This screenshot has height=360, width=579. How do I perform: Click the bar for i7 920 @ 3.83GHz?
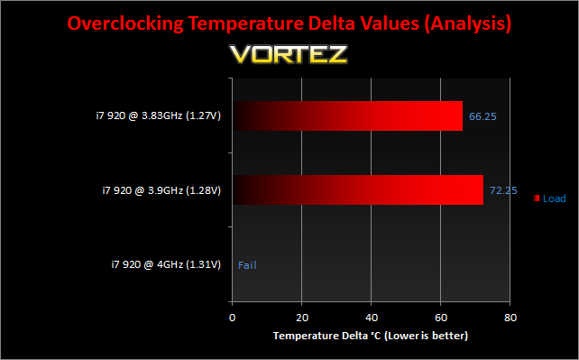pyautogui.click(x=347, y=115)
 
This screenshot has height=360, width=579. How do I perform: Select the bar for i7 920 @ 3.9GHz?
pyautogui.click(x=358, y=189)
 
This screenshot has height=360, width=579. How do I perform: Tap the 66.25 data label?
pyautogui.click(x=482, y=116)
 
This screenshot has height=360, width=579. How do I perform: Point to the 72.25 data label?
pyautogui.click(x=503, y=190)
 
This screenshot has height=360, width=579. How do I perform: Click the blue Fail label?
pyautogui.click(x=247, y=265)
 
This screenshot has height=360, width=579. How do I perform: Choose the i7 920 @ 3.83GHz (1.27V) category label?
pyautogui.click(x=159, y=115)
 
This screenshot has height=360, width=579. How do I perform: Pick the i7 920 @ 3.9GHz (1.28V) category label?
pyautogui.click(x=161, y=190)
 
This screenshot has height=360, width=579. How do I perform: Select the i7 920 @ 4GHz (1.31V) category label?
pyautogui.click(x=166, y=264)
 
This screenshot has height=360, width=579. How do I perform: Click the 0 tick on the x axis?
pyautogui.click(x=233, y=318)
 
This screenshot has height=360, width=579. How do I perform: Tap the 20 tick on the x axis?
pyautogui.click(x=302, y=318)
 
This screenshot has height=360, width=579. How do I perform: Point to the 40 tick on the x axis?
pyautogui.click(x=372, y=318)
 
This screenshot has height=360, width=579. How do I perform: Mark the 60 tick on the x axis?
pyautogui.click(x=441, y=318)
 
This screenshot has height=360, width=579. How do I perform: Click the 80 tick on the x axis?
pyautogui.click(x=510, y=318)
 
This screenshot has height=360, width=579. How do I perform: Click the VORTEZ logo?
pyautogui.click(x=289, y=54)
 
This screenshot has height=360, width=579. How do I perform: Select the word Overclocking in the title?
pyautogui.click(x=125, y=23)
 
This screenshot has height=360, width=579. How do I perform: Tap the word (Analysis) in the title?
pyautogui.click(x=468, y=23)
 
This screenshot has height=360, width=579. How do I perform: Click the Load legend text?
pyautogui.click(x=555, y=198)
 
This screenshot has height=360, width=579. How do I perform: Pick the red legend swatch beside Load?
pyautogui.click(x=537, y=198)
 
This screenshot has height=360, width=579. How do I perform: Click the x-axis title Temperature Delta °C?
pyautogui.click(x=326, y=336)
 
